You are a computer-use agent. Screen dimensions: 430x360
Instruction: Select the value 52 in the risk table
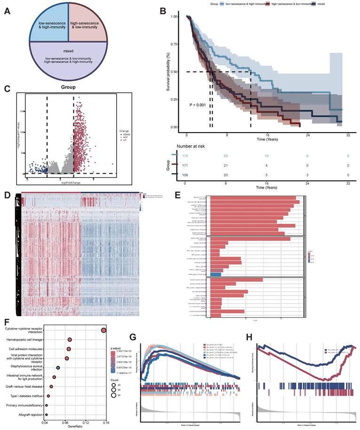pyautogui.click(x=226, y=155)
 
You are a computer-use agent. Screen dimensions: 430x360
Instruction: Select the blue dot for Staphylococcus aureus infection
pyautogui.click(x=58, y=367)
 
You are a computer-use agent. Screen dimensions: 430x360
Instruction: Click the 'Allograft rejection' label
pyautogui.click(x=30, y=414)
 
